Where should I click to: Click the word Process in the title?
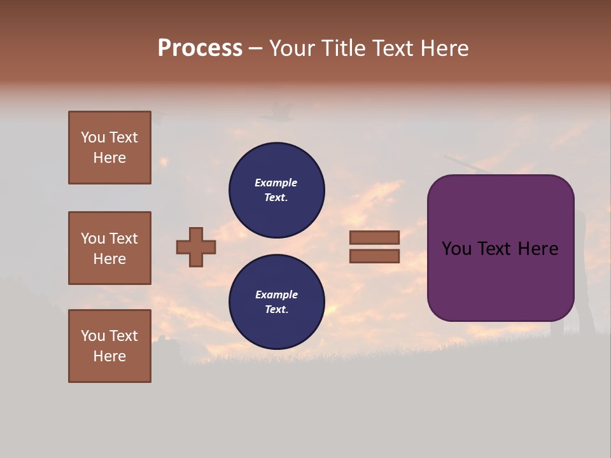coord(200,48)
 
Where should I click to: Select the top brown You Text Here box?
coord(109,148)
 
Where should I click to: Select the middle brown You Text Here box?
coord(109,248)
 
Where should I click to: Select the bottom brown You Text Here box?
coord(109,346)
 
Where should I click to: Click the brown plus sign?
coord(196,247)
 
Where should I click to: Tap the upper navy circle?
coord(276,190)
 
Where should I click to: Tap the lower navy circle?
coord(276,302)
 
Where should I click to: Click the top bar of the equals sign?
coord(374,237)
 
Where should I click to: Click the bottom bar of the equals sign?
coord(374,256)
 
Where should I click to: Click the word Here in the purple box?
coord(538,249)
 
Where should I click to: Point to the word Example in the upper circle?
coord(276,183)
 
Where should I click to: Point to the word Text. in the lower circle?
coord(276,310)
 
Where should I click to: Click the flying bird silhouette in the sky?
coord(276,113)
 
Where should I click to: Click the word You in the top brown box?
coord(93,137)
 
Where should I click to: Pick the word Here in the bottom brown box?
coord(109,356)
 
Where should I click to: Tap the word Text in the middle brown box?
coord(123,239)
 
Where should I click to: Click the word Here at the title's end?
coord(445,48)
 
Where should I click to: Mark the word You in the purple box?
coord(456,249)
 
